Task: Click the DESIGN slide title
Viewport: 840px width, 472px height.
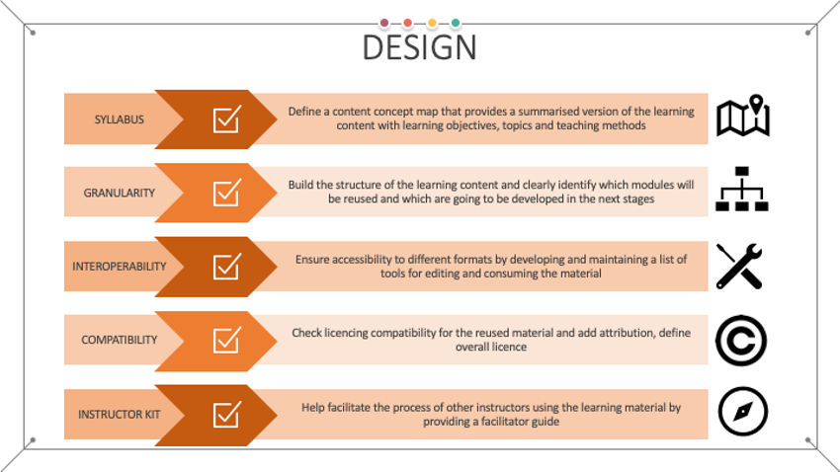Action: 419,47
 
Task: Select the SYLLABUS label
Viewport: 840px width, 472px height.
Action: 120,119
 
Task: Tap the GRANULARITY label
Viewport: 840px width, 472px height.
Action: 120,193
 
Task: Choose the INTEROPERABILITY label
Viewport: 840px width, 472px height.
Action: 120,267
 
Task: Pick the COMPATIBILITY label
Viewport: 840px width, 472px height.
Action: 120,340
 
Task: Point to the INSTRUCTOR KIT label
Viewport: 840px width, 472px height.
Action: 120,414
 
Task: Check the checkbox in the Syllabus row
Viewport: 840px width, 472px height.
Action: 226,119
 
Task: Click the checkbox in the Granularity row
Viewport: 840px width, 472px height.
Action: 226,193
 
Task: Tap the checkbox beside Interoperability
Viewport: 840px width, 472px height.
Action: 226,267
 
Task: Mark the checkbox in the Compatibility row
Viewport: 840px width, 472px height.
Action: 226,340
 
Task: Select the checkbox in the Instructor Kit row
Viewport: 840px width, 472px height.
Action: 226,414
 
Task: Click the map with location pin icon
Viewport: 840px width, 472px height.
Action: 742,118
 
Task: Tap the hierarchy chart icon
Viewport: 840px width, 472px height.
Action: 741,191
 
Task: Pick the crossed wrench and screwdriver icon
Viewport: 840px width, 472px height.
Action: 740,267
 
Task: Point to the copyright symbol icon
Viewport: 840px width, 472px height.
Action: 740,340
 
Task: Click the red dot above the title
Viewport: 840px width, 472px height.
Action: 407,23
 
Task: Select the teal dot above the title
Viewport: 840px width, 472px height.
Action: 456,23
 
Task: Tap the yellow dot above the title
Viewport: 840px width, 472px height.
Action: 432,23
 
